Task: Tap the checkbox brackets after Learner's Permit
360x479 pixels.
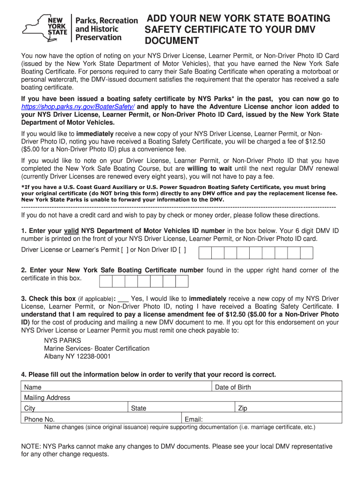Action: [x=125, y=250]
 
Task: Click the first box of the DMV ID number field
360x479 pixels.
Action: [x=205, y=253]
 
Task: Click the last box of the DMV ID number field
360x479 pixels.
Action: [x=307, y=253]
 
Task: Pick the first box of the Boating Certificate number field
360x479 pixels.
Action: [x=106, y=281]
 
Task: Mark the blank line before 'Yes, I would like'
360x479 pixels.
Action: [x=123, y=298]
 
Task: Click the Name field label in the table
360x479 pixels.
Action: [x=33, y=387]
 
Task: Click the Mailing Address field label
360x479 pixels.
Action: [x=47, y=398]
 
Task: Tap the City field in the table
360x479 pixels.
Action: [x=75, y=408]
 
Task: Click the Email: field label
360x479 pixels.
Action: [x=194, y=420]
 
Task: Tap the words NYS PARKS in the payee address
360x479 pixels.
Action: [x=63, y=341]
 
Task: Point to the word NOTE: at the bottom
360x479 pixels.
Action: [x=31, y=447]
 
